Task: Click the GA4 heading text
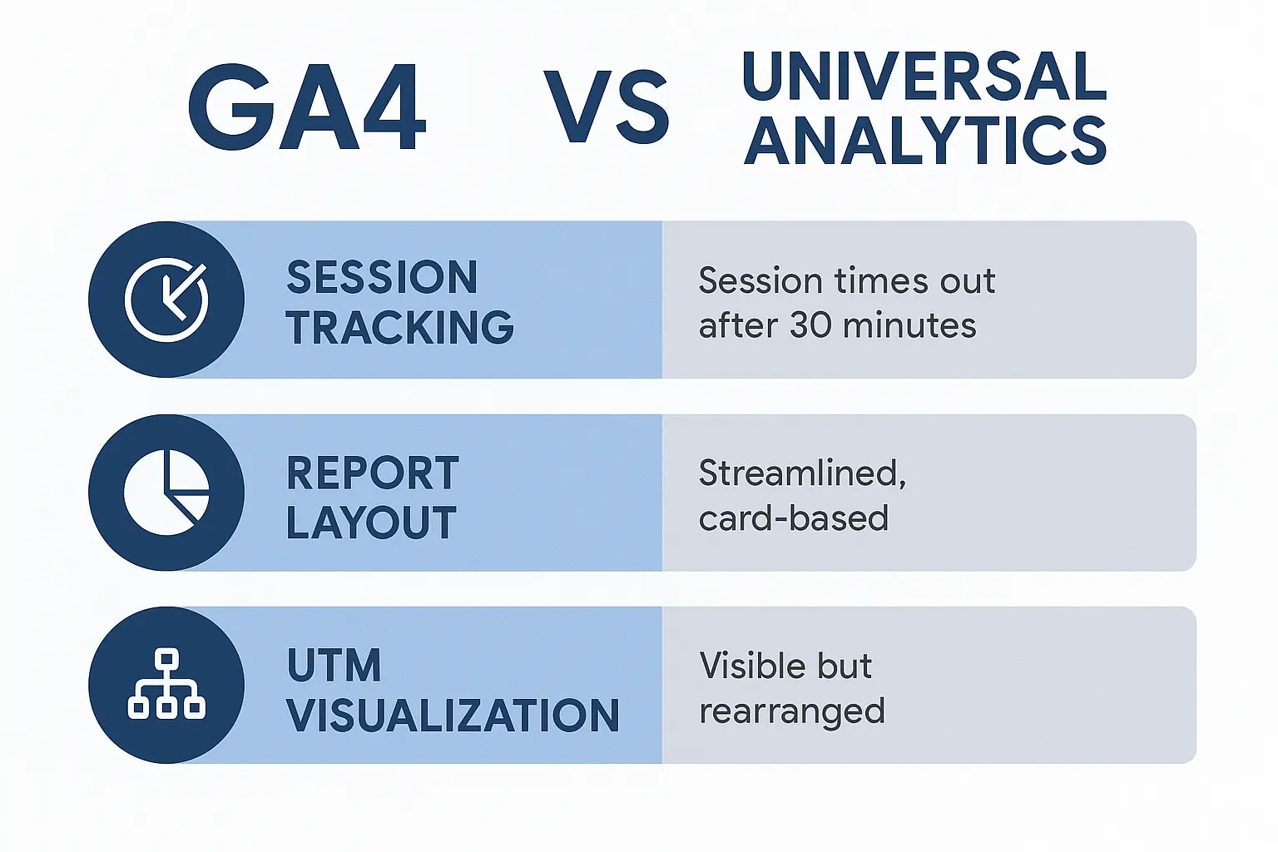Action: (307, 106)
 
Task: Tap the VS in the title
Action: (607, 106)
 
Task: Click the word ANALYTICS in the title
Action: (924, 140)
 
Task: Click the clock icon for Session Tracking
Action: (166, 300)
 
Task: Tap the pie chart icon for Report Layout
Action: (166, 493)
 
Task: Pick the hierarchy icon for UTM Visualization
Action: (166, 684)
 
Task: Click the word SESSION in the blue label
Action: (382, 277)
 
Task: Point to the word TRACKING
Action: (400, 328)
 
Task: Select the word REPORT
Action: (373, 473)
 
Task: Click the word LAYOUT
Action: (371, 523)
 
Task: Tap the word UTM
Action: (334, 665)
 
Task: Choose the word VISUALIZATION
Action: (453, 715)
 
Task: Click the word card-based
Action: (794, 518)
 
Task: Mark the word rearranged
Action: (792, 712)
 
